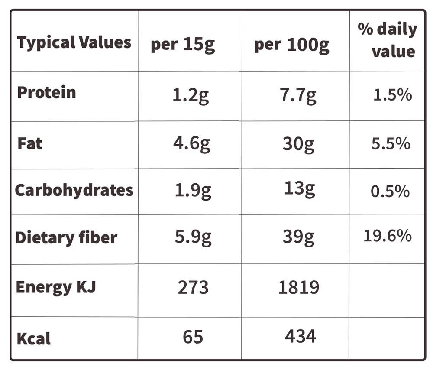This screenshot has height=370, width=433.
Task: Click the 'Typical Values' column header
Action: (74, 43)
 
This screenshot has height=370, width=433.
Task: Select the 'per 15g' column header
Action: (183, 45)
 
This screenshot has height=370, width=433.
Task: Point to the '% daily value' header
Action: (387, 40)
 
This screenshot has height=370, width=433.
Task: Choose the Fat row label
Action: (30, 143)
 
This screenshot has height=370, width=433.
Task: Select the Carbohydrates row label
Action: (74, 190)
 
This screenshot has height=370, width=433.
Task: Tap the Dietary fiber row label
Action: (66, 237)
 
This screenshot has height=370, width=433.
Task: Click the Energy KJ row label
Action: (56, 287)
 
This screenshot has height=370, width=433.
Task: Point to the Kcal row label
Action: (33, 338)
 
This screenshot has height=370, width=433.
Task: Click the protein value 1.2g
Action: (191, 96)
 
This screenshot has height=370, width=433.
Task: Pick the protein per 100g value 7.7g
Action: (298, 96)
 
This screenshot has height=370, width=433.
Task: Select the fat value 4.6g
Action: (192, 144)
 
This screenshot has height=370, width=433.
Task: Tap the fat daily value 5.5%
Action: (391, 144)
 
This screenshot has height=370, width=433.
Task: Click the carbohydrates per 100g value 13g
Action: (300, 190)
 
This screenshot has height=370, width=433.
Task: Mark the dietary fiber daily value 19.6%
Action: (388, 236)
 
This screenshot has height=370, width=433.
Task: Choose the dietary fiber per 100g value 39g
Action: (298, 237)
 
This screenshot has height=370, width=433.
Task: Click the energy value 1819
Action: (299, 287)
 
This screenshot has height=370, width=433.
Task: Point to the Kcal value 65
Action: (193, 337)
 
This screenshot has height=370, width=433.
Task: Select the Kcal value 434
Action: (301, 336)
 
